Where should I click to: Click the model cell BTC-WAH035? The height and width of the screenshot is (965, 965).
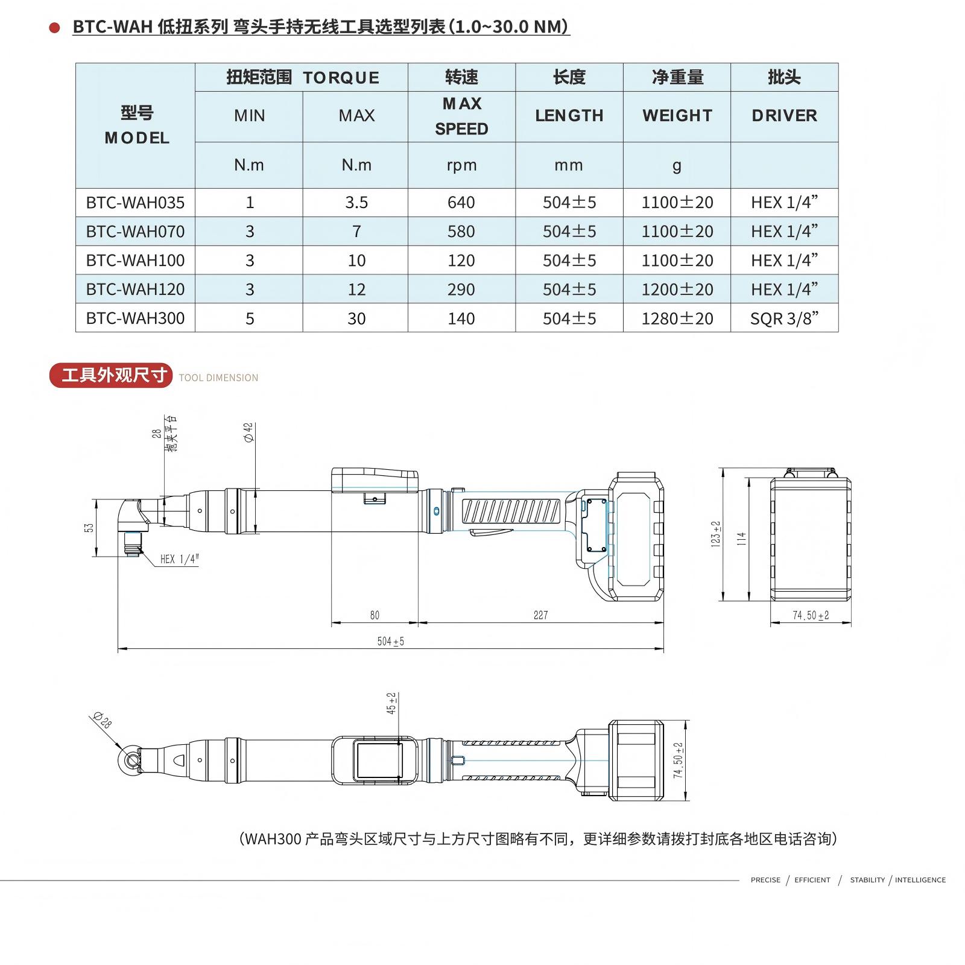pos(135,203)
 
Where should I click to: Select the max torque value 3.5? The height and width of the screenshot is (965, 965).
pos(356,203)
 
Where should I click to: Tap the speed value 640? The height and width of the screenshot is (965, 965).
pos(461,203)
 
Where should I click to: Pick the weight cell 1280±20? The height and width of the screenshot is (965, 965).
pos(677,318)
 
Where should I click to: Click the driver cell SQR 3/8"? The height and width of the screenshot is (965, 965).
pos(784,318)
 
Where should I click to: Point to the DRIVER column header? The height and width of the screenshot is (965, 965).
pos(784,116)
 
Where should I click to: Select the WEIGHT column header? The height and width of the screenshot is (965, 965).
pos(677,116)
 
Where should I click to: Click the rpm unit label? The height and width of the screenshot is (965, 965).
pos(461,165)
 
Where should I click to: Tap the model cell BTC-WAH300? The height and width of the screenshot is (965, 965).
pos(135,318)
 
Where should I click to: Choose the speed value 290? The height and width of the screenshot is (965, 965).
pos(461,289)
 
